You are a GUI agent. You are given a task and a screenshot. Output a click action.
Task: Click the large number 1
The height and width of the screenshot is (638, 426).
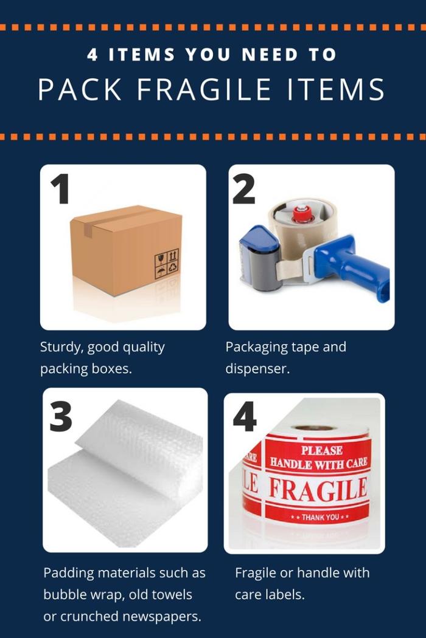60,189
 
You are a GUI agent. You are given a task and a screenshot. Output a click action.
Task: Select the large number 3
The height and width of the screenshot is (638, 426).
61,416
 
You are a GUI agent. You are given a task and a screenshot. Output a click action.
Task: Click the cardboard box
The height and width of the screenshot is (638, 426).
127,250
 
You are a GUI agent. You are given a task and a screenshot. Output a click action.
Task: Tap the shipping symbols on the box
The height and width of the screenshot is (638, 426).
166,264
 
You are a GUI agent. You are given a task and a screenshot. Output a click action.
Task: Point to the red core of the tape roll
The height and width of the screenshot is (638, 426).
302,214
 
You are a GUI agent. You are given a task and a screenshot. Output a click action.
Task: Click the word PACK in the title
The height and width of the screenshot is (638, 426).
80,89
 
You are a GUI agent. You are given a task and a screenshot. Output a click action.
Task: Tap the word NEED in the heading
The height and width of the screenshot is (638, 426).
270,55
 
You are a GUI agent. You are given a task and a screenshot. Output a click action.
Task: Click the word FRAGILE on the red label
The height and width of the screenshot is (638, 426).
318,490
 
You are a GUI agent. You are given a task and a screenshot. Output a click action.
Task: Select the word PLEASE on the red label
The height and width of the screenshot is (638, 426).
322,450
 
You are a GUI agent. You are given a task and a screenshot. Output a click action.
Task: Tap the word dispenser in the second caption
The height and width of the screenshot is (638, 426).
257,369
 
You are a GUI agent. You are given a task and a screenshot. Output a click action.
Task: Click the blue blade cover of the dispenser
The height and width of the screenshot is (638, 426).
260,240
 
